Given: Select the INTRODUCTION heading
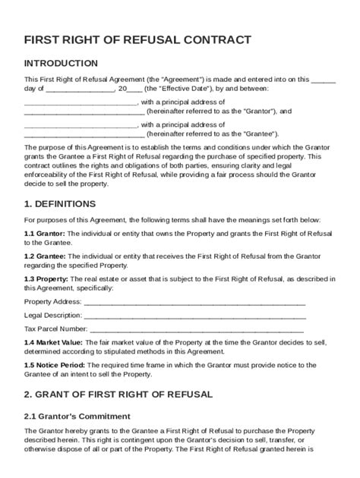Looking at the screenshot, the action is click(x=61, y=64).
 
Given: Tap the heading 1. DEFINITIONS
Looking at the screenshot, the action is click(x=60, y=204).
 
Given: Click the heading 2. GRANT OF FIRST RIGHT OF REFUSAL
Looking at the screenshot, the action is click(x=118, y=395).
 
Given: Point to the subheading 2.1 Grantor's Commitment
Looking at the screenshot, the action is click(x=77, y=417).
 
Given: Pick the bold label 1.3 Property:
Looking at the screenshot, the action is click(x=47, y=278).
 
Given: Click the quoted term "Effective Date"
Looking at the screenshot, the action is click(x=194, y=88).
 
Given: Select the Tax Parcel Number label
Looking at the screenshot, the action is click(x=55, y=329).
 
